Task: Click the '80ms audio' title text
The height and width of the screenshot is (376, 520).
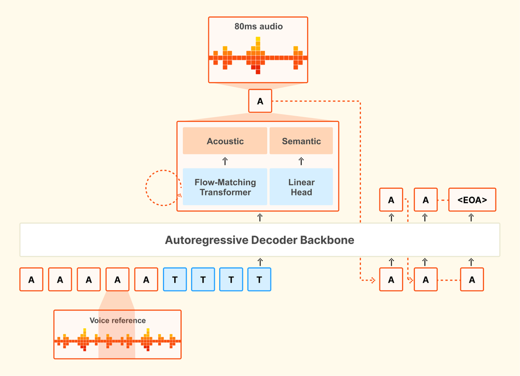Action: (258, 26)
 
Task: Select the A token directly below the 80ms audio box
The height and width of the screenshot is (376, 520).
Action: (260, 101)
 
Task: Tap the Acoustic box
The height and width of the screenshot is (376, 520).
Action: (225, 141)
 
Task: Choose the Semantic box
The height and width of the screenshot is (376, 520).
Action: (301, 141)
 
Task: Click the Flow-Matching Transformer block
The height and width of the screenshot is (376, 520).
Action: (225, 187)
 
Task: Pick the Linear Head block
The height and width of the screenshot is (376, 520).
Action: (301, 187)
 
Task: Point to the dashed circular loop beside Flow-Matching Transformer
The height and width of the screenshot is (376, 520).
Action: (161, 187)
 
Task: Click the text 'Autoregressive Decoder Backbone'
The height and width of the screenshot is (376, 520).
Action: (260, 240)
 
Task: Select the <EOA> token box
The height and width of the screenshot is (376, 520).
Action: (472, 200)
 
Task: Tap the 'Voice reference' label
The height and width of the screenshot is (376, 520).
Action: (117, 320)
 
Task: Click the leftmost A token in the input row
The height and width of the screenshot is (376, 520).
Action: (31, 280)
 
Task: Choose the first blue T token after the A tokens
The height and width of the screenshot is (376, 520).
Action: (175, 280)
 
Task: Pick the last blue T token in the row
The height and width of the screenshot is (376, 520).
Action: (259, 280)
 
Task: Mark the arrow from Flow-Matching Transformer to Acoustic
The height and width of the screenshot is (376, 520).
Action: (225, 161)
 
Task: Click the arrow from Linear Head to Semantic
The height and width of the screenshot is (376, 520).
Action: (301, 161)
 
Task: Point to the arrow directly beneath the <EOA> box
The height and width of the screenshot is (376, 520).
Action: (471, 218)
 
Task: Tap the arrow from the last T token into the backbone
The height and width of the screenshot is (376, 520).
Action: (260, 262)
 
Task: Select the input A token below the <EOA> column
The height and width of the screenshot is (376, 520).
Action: (472, 280)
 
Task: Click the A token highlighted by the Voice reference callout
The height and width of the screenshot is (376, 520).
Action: (117, 280)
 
